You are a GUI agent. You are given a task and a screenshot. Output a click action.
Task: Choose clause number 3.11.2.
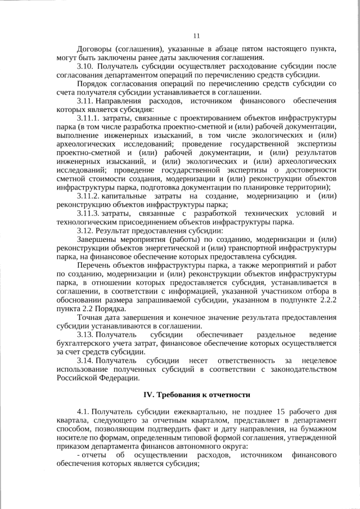click(88, 195)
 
